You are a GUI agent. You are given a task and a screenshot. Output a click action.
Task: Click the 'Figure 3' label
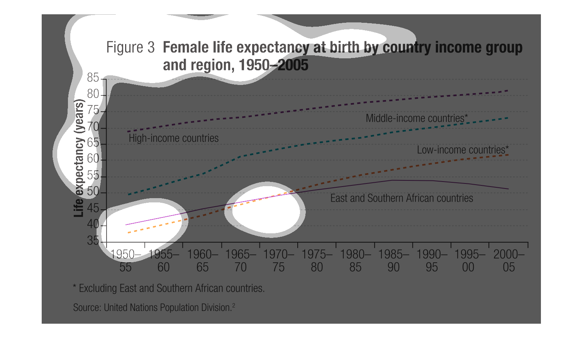130,48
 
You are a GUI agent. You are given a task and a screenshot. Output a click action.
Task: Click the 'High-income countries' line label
173,138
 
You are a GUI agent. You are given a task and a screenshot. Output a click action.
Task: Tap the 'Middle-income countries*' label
417,118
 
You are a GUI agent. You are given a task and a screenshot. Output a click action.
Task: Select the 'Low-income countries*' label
463,150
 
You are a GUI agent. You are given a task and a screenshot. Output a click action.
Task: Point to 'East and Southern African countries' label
402,198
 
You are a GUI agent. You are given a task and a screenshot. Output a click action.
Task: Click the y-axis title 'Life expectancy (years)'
79,158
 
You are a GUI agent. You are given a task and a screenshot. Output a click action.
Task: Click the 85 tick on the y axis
93,78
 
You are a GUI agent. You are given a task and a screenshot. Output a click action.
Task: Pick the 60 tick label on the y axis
93,159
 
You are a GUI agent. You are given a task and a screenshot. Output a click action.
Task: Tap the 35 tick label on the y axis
93,241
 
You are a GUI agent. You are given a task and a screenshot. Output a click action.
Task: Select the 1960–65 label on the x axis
202,261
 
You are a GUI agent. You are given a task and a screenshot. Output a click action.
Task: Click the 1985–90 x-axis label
393,261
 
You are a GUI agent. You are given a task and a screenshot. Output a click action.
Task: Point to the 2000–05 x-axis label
508,261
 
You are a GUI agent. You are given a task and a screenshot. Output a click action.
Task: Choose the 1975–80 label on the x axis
317,261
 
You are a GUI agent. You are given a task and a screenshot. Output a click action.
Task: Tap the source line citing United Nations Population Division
154,307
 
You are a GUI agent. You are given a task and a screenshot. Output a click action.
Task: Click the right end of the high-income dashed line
508,91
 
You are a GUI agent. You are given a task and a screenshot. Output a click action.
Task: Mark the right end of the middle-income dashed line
508,118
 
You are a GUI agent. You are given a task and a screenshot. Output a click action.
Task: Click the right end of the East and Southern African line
508,189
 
